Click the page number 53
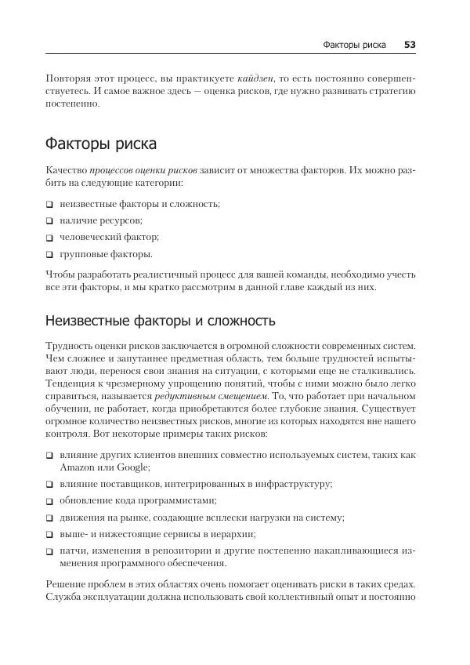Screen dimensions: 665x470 click(x=410, y=45)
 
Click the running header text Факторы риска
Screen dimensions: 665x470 click(x=354, y=45)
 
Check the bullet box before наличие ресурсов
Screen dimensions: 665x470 click(x=49, y=221)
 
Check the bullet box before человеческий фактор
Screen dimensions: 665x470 click(x=49, y=238)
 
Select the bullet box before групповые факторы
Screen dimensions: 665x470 click(x=49, y=255)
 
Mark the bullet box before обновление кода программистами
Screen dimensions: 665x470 click(x=49, y=501)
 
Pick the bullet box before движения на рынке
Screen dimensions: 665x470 click(x=49, y=518)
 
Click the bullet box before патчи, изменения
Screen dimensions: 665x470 click(x=49, y=552)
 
